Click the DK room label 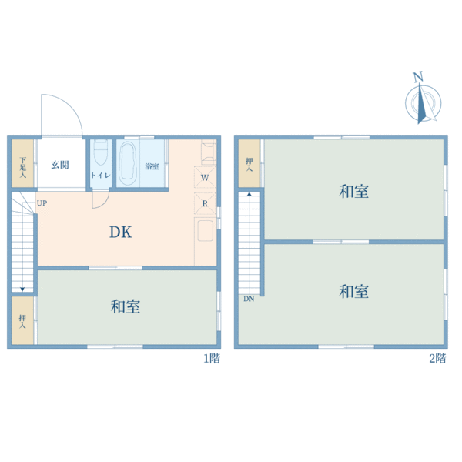pyautogui.click(x=121, y=232)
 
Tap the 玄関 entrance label pyautogui.click(x=60, y=165)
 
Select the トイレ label pyautogui.click(x=100, y=176)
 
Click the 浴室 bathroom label pyautogui.click(x=152, y=166)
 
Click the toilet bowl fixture pyautogui.click(x=101, y=152)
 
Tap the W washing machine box pyautogui.click(x=205, y=177)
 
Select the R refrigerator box pyautogui.click(x=205, y=203)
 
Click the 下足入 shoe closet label pyautogui.click(x=22, y=168)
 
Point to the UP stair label pyautogui.click(x=42, y=203)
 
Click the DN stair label pyautogui.click(x=249, y=299)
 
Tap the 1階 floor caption pyautogui.click(x=212, y=359)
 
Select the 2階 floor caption pyautogui.click(x=437, y=359)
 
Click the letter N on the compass pyautogui.click(x=418, y=77)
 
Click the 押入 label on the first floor pyautogui.click(x=22, y=321)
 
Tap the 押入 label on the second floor pyautogui.click(x=249, y=165)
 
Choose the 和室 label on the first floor pyautogui.click(x=126, y=306)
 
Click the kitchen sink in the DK pyautogui.click(x=205, y=230)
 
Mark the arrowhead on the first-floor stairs pyautogui.click(x=22, y=290)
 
